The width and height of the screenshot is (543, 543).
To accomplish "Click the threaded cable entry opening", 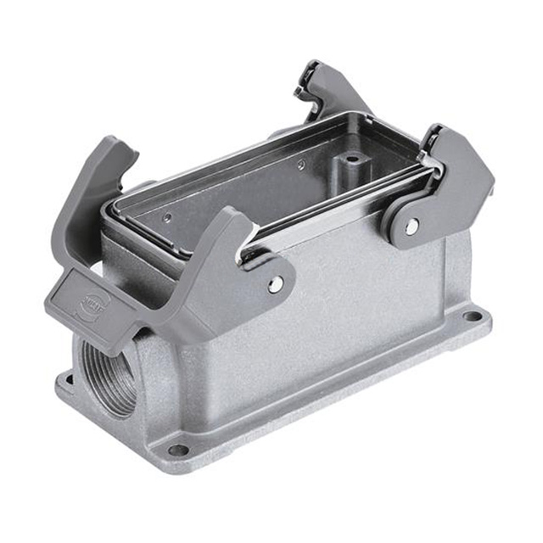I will (x=109, y=373).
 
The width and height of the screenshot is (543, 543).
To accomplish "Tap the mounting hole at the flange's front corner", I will (x=178, y=450).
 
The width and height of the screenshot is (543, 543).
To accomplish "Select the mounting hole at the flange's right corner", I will (x=473, y=316).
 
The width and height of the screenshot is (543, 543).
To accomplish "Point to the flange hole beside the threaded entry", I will (x=64, y=378).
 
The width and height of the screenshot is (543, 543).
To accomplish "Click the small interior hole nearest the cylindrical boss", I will (x=301, y=165).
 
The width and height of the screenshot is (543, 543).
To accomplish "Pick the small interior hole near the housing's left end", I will (x=166, y=216).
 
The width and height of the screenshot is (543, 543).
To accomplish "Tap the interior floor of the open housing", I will (x=255, y=187).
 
